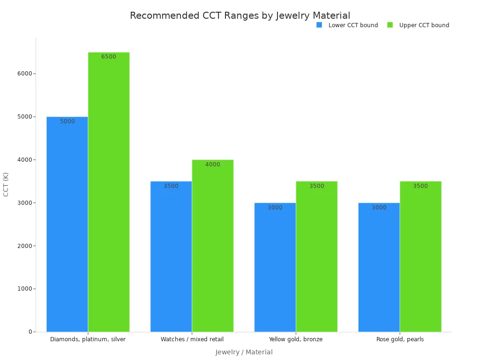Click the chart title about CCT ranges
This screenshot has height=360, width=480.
pyautogui.click(x=240, y=15)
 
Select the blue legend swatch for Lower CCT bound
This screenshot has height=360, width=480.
pyautogui.click(x=319, y=25)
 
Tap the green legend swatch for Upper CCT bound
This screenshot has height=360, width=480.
pyautogui.click(x=390, y=25)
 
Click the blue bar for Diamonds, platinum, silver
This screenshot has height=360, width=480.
pyautogui.click(x=67, y=224)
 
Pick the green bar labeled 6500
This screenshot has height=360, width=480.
pyautogui.click(x=109, y=192)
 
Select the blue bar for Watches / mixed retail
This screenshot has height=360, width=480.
pyautogui.click(x=171, y=256)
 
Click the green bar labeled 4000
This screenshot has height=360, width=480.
pyautogui.click(x=213, y=246)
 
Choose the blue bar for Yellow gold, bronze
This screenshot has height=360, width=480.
pyautogui.click(x=275, y=267)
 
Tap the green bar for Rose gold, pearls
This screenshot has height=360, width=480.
pyautogui.click(x=420, y=256)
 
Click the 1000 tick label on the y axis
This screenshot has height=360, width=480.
pyautogui.click(x=25, y=289)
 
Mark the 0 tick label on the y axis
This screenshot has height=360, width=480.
pyautogui.click(x=30, y=332)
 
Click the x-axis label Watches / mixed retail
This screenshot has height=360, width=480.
pyautogui.click(x=192, y=339)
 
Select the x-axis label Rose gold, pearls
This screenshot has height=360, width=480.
pyautogui.click(x=400, y=339)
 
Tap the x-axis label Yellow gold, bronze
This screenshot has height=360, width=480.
pyautogui.click(x=296, y=339)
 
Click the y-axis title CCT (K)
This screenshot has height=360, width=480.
pyautogui.click(x=6, y=185)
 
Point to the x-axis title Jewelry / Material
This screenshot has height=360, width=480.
pyautogui.click(x=244, y=352)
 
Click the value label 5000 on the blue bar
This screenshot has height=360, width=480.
pyautogui.click(x=67, y=121)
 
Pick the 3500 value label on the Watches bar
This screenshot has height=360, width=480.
pyautogui.click(x=171, y=186)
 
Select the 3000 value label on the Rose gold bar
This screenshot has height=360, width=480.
pyautogui.click(x=379, y=208)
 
